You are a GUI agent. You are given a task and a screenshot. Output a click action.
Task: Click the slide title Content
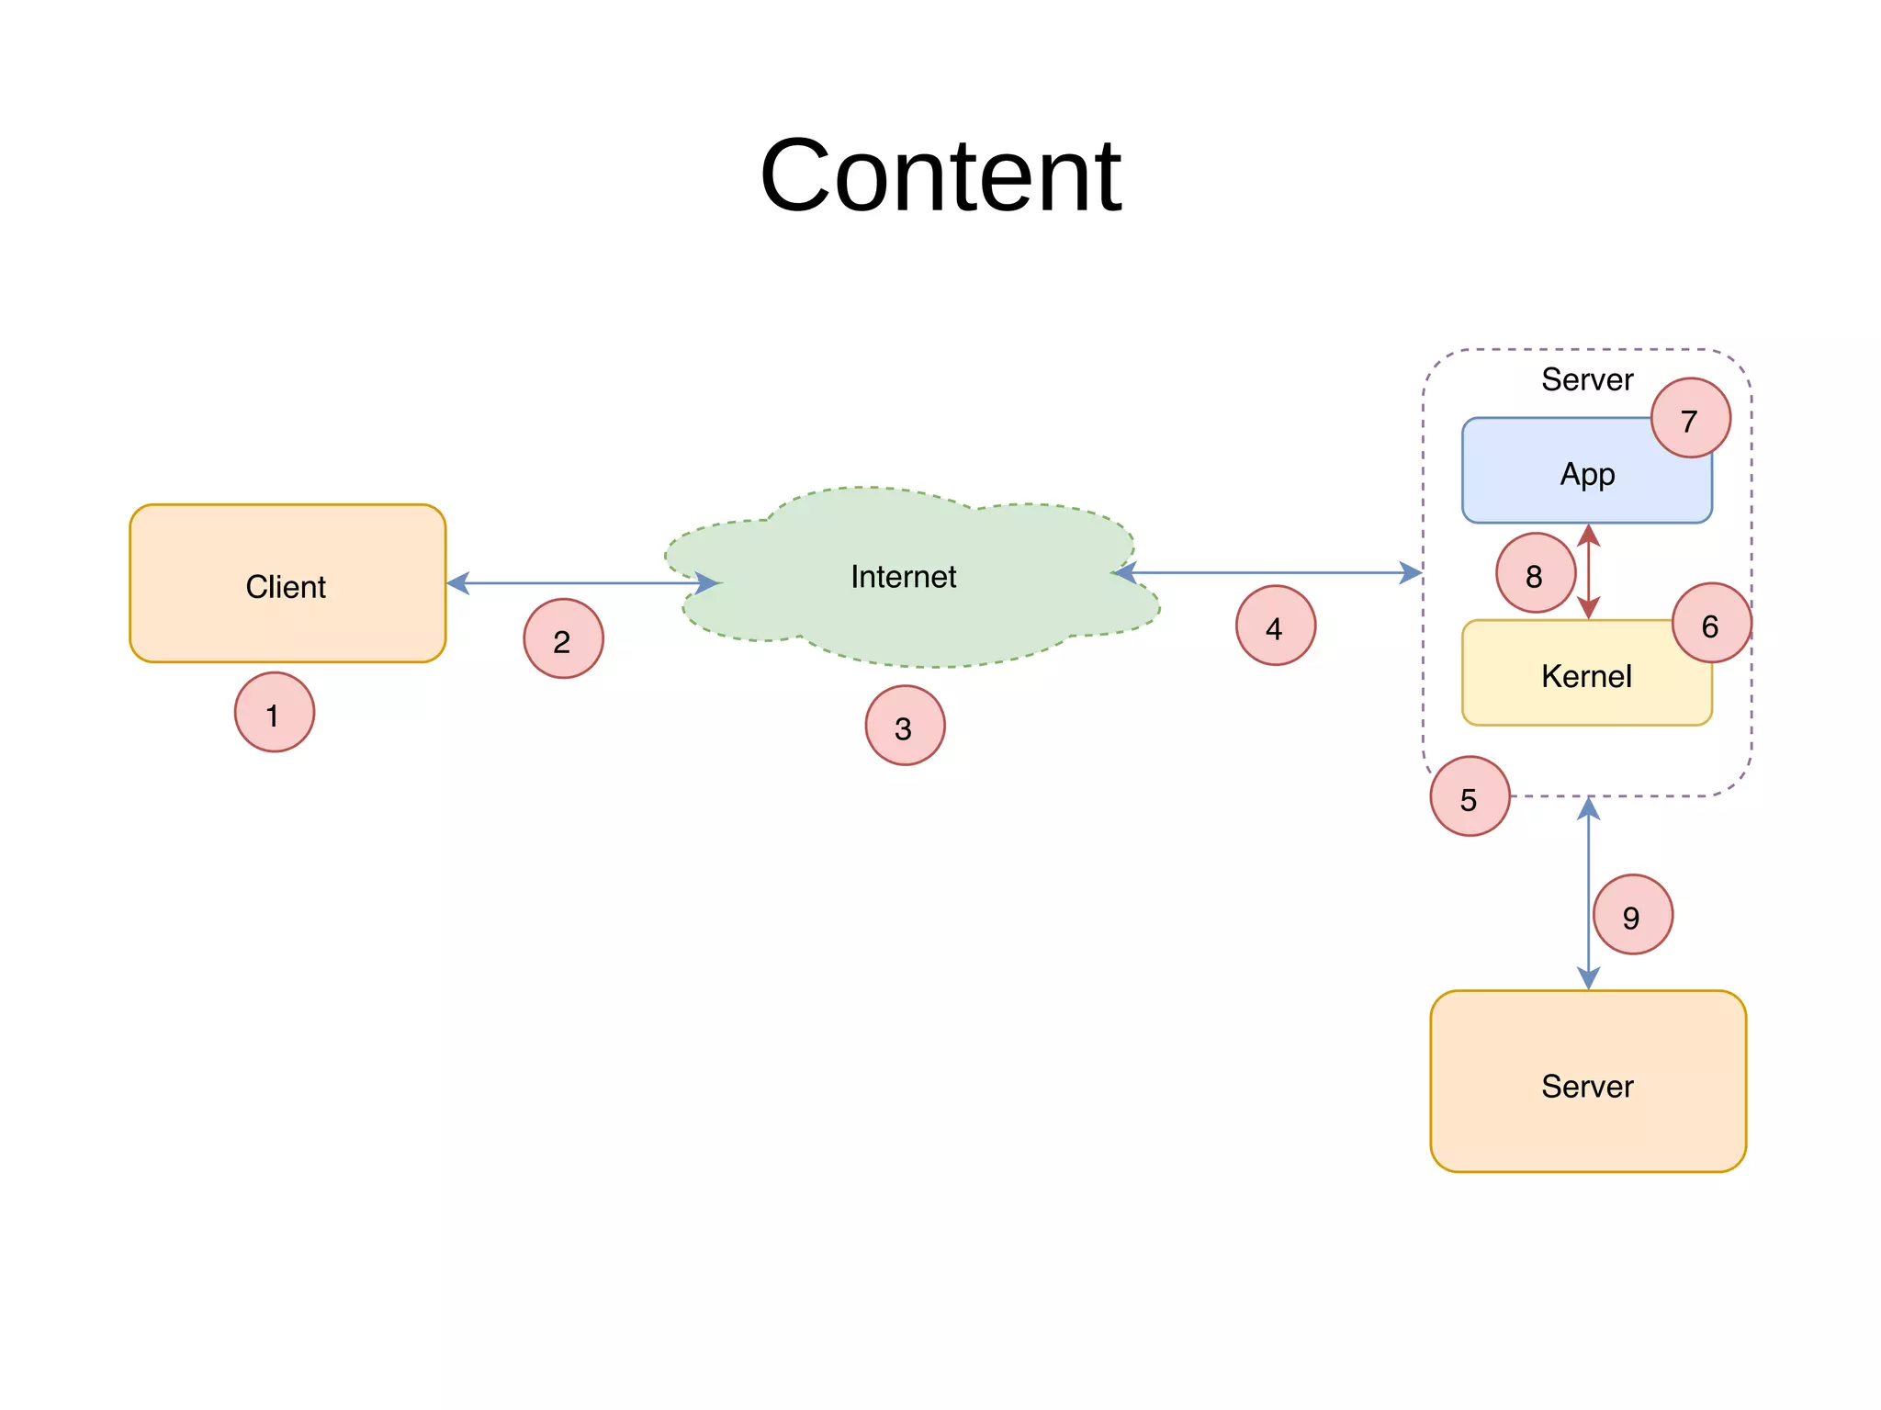click(940, 175)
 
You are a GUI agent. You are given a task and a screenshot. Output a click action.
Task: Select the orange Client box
click(287, 584)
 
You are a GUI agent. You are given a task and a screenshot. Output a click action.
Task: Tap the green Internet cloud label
click(903, 577)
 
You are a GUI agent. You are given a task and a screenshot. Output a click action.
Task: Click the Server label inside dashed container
click(1586, 379)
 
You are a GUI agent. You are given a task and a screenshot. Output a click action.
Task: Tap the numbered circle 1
click(274, 713)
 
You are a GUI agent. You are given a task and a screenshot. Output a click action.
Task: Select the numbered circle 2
click(563, 639)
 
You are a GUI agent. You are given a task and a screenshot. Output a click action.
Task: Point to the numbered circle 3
click(905, 726)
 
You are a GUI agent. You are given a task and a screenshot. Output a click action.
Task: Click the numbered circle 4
click(1275, 626)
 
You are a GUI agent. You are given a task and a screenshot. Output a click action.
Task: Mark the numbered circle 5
click(1470, 796)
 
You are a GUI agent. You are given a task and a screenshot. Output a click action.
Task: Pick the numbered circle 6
click(1711, 624)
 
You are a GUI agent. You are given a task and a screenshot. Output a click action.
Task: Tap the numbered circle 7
click(1690, 419)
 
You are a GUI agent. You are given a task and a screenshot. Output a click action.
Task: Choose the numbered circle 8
click(1535, 573)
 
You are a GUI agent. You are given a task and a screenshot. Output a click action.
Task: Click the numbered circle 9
click(1632, 915)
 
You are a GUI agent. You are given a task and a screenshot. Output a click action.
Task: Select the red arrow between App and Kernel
click(1589, 571)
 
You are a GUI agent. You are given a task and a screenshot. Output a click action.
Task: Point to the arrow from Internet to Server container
click(1267, 573)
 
